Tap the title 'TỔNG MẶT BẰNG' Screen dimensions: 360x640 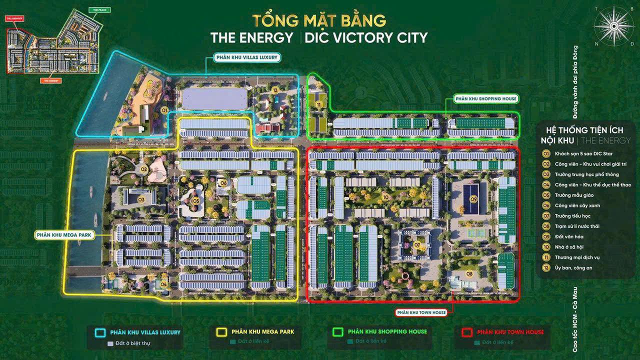pos(319,21)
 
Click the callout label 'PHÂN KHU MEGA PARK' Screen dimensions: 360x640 pos(64,234)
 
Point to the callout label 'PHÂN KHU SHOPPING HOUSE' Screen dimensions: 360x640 pos(485,99)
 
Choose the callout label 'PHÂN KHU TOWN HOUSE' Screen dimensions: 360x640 pos(420,312)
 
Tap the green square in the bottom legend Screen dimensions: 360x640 pos(338,332)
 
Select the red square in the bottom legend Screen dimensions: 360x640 pos(467,332)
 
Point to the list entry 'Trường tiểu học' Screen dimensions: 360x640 pos(572,216)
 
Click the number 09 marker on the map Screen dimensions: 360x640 pos(473,199)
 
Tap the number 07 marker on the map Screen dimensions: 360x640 pos(417,244)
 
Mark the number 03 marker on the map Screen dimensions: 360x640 pos(141,199)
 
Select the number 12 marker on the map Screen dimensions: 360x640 pos(275,90)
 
